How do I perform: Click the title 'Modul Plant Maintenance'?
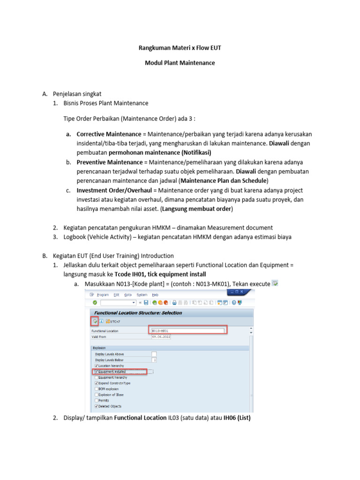pos(180,63)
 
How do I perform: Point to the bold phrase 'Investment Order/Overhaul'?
pos(114,191)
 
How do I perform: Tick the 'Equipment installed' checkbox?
pos(97,372)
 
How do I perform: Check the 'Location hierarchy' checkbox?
pos(97,366)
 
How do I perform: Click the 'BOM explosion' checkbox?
pos(97,389)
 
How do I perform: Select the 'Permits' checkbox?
pos(97,401)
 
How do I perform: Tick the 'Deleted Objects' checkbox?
pos(97,406)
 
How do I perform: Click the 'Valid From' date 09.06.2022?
pos(161,336)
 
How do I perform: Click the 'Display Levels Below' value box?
pos(154,360)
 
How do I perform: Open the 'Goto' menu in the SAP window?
pos(128,295)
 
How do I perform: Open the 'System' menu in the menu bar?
pos(142,295)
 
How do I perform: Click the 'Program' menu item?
pos(101,295)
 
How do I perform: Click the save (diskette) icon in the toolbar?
pos(146,303)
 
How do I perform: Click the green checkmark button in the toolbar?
pos(95,303)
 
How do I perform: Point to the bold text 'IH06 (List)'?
pos(237,418)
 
